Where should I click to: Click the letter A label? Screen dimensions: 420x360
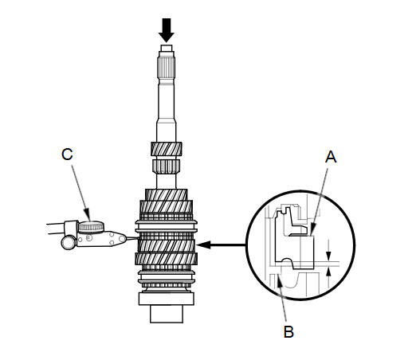(331, 157)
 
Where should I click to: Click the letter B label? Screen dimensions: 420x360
(289, 331)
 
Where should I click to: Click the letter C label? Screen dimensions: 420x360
(67, 154)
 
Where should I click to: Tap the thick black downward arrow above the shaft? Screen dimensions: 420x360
(167, 30)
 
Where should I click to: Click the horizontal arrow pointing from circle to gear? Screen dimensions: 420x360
(221, 245)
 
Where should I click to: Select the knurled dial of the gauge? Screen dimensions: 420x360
(91, 227)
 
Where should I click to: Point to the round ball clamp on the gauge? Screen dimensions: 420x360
(69, 242)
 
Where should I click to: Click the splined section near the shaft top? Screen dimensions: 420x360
(167, 68)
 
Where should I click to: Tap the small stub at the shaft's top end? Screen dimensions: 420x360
(167, 48)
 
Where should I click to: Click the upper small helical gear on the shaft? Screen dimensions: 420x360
(167, 149)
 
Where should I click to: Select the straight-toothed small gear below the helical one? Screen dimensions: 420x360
(167, 166)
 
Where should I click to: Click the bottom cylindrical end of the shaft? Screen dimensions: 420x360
(167, 314)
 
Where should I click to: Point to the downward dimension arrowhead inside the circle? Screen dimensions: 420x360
(328, 256)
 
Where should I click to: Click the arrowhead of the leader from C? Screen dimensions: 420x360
(88, 217)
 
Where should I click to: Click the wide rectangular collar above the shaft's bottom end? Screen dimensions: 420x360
(167, 299)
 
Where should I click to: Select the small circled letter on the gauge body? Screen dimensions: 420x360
(89, 237)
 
